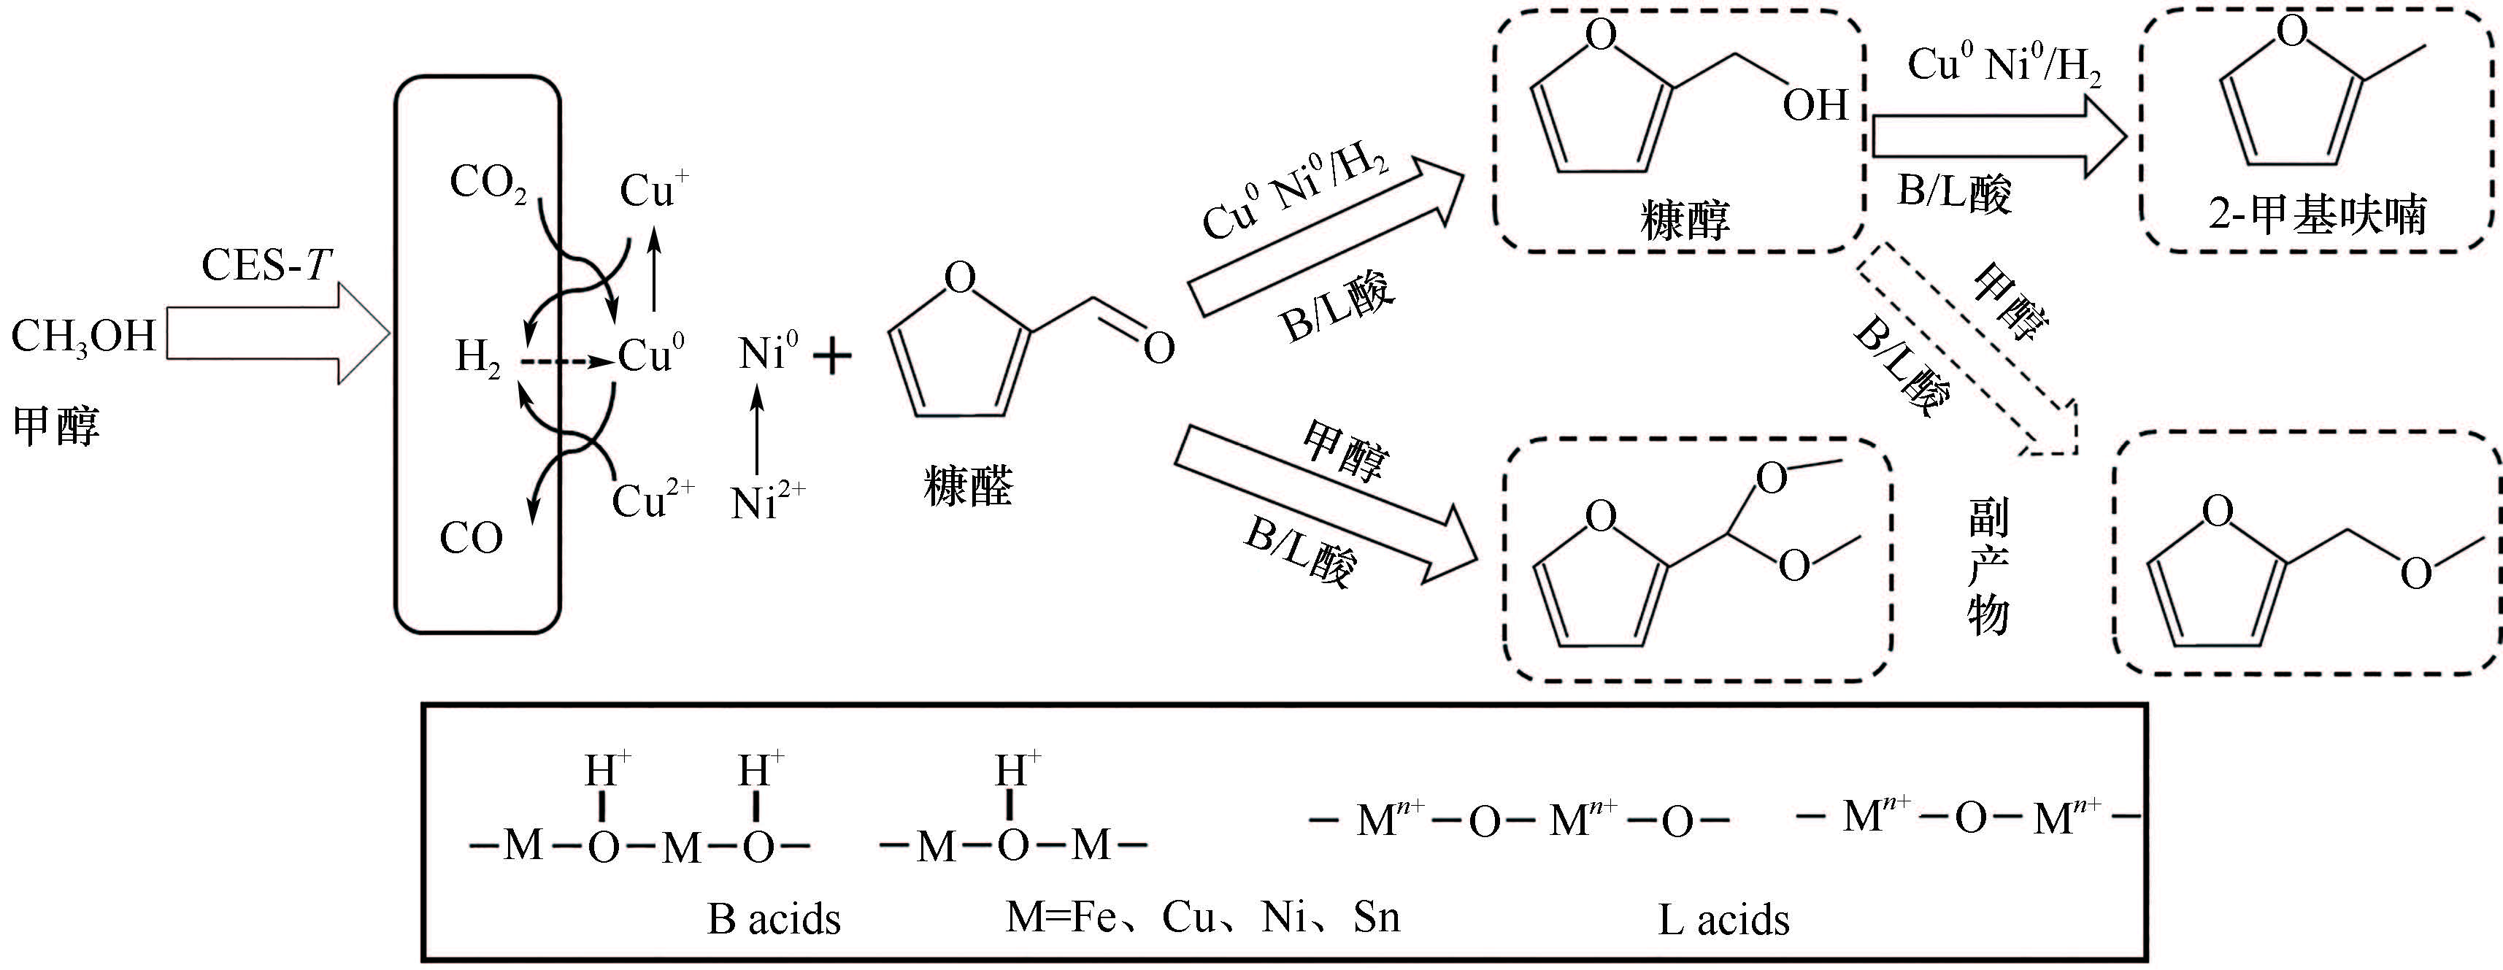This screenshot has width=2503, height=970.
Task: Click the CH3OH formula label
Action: coord(82,337)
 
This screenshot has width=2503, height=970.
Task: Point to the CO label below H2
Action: coord(472,537)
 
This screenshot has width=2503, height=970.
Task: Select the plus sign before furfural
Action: coord(831,357)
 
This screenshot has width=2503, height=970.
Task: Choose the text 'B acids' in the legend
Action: coord(774,918)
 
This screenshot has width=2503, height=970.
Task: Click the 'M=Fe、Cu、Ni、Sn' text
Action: coord(1202,917)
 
